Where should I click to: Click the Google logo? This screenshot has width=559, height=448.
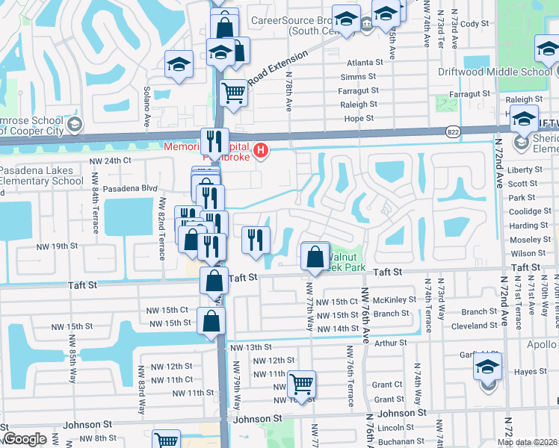[25, 440]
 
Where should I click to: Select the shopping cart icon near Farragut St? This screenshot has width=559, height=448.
[234, 93]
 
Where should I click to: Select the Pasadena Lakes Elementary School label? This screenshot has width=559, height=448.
[41, 175]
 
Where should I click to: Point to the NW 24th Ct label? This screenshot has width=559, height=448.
[110, 160]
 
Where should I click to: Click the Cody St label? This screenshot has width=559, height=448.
[475, 24]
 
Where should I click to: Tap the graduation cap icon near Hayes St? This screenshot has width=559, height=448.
[487, 368]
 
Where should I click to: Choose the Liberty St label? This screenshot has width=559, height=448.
[522, 170]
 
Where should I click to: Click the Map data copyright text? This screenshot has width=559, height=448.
[527, 442]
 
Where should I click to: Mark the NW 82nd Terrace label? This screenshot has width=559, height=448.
[161, 227]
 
